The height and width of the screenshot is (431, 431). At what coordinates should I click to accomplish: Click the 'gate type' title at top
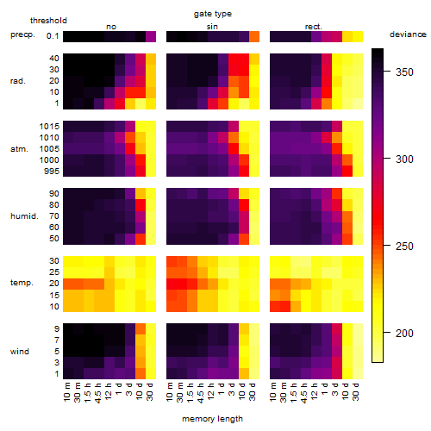[213, 14]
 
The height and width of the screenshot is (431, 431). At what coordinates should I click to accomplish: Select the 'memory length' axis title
[212, 419]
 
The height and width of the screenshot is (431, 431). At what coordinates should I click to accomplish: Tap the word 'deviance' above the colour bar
[408, 34]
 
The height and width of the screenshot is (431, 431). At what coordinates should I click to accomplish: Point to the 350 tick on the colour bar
[387, 72]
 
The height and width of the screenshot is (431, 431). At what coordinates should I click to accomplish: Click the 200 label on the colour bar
[404, 334]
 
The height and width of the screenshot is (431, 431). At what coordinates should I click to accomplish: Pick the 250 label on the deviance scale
[404, 247]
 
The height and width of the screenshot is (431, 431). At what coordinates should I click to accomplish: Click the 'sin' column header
[212, 27]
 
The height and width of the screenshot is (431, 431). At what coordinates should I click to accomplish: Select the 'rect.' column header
[314, 27]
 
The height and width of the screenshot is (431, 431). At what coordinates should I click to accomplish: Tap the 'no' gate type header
[111, 27]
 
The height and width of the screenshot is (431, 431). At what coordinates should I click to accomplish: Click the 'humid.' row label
[24, 216]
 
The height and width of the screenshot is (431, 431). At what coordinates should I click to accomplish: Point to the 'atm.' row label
[19, 149]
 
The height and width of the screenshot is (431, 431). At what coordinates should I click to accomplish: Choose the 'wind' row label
[20, 352]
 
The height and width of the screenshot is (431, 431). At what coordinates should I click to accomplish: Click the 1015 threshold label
[49, 127]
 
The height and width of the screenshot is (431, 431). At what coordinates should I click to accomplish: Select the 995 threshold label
[52, 172]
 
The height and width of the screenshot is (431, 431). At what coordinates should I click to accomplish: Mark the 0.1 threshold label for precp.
[53, 36]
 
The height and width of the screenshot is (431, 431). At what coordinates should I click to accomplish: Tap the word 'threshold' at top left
[48, 21]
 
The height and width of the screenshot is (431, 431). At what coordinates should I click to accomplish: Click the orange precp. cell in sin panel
[254, 37]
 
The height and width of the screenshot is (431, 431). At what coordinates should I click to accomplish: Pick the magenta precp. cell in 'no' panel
[151, 37]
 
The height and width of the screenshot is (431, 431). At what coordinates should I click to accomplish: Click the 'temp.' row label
[22, 283]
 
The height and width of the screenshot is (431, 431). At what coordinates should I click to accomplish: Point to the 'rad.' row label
[18, 81]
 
